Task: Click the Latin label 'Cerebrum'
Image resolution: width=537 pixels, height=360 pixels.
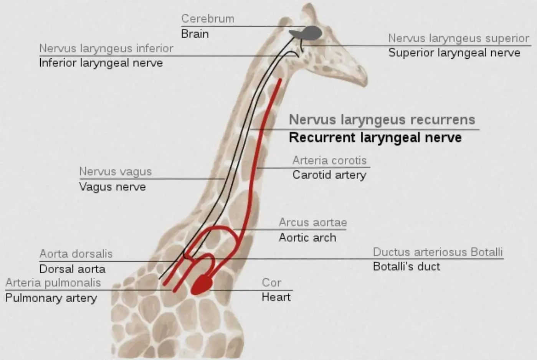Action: pyautogui.click(x=208, y=19)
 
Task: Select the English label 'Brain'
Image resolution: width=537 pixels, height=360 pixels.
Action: pyautogui.click(x=195, y=34)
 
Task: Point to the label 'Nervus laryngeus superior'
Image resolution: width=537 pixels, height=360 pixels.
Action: pyautogui.click(x=459, y=38)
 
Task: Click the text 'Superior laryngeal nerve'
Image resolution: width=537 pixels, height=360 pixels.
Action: pyautogui.click(x=454, y=53)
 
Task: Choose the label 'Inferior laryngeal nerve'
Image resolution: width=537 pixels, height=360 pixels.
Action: pyautogui.click(x=101, y=63)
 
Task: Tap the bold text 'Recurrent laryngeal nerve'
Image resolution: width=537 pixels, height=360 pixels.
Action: pyautogui.click(x=375, y=137)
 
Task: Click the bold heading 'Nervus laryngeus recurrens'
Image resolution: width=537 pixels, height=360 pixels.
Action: pyautogui.click(x=382, y=120)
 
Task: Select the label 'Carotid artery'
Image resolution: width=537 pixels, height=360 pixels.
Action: pyautogui.click(x=329, y=175)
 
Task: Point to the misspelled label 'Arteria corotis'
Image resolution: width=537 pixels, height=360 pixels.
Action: pyautogui.click(x=329, y=160)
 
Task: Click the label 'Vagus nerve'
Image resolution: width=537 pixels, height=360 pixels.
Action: pyautogui.click(x=112, y=187)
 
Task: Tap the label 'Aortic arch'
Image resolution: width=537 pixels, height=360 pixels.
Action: pyautogui.click(x=307, y=238)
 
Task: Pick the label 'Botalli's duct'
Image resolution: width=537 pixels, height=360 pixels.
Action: pyautogui.click(x=406, y=266)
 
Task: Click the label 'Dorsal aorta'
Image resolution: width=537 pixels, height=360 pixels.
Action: pyautogui.click(x=73, y=269)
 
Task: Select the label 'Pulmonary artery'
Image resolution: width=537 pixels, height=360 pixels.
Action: pyautogui.click(x=51, y=298)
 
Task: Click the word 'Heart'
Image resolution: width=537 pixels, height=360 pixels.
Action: pyautogui.click(x=276, y=297)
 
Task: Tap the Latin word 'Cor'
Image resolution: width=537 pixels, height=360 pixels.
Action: pyautogui.click(x=271, y=282)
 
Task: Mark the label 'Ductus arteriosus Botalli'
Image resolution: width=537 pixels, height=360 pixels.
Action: pyautogui.click(x=438, y=252)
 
